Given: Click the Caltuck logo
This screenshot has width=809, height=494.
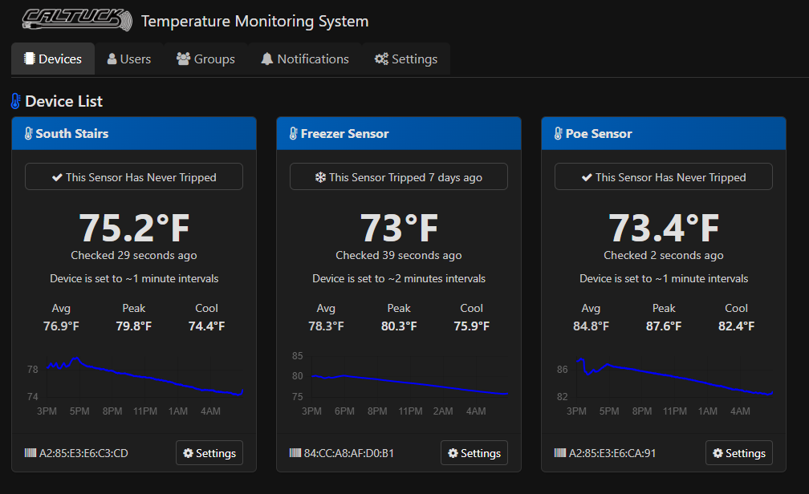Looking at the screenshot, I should (76, 20).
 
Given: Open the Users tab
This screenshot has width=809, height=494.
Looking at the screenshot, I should (129, 59).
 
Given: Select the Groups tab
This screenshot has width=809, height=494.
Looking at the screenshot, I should (205, 59).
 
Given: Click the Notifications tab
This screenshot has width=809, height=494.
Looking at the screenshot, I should (304, 59).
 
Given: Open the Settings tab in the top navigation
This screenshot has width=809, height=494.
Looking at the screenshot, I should (405, 59).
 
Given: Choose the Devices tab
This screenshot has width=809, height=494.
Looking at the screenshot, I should (53, 59).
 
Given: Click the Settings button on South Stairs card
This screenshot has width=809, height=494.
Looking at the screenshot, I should (209, 453).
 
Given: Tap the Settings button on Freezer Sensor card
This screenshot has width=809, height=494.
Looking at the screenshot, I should (474, 453).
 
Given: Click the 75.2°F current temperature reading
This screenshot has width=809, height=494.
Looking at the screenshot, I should (134, 228).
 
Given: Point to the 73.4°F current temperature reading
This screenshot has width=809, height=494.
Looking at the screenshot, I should (664, 228).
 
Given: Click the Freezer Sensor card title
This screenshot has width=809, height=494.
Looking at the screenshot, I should (344, 134).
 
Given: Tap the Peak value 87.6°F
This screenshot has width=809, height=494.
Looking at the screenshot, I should (664, 326).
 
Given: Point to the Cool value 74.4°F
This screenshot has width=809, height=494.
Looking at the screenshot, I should (206, 326).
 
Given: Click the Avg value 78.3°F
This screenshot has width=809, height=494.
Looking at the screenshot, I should (326, 326).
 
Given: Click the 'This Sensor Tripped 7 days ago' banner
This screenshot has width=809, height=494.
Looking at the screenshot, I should (399, 177).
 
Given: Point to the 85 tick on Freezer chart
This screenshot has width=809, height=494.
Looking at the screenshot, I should (297, 356).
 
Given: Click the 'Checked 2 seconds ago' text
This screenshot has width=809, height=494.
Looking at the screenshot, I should (664, 255).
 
